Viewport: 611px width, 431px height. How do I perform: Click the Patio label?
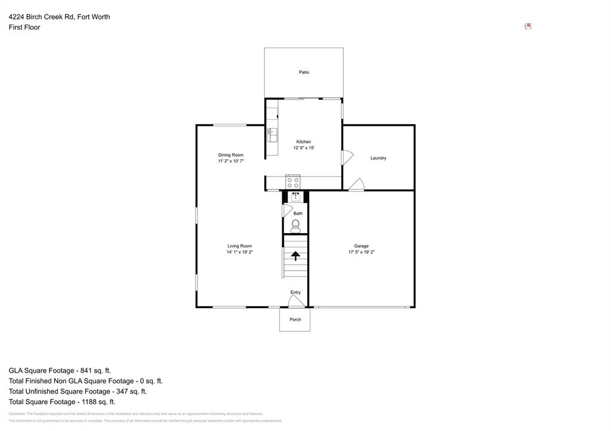click(304, 72)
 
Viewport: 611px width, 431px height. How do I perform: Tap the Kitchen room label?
click(304, 142)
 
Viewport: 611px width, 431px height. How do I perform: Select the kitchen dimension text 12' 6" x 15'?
click(304, 148)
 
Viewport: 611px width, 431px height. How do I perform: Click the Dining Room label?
click(230, 155)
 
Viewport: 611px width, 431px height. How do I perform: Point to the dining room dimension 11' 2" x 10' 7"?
click(230, 161)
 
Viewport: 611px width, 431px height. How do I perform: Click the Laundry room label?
click(378, 158)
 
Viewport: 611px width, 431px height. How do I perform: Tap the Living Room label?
click(239, 246)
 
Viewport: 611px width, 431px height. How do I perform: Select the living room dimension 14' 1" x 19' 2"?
click(239, 252)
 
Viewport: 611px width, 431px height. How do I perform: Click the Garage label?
click(361, 246)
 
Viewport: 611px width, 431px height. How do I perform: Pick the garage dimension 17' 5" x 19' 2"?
click(361, 252)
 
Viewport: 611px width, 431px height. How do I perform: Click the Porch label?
click(295, 320)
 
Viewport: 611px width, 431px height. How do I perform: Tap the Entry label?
click(295, 292)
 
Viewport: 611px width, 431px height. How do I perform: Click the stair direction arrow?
click(295, 256)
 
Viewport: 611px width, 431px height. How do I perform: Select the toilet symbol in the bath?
click(295, 225)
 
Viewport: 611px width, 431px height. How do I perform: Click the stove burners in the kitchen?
click(292, 182)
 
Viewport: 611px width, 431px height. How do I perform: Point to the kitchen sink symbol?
click(272, 135)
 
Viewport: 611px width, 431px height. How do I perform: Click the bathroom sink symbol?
click(295, 197)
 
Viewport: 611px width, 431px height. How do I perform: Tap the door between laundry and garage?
click(357, 185)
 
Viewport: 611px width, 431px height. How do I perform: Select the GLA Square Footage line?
click(60, 370)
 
